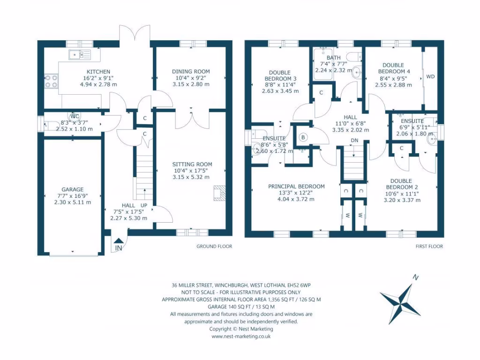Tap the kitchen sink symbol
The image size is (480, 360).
80,54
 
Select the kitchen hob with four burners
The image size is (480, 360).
51,82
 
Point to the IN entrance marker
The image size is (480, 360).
119,248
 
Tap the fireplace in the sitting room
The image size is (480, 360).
219,193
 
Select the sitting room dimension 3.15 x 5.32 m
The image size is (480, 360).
192,177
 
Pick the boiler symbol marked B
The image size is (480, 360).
303,138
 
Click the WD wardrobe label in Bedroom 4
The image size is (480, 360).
430,77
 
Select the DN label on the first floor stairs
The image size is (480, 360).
355,141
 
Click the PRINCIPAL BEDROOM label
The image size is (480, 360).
296,186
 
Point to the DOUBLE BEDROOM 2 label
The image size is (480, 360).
401,184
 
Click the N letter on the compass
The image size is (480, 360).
415,277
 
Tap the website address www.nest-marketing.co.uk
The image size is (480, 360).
241,336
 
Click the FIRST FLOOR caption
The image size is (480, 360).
429,246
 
